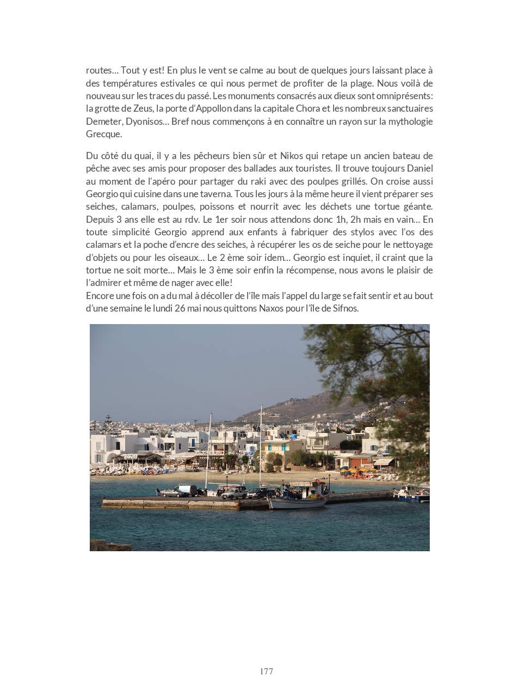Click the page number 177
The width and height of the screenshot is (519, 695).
click(x=266, y=671)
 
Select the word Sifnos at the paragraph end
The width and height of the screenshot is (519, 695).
click(x=345, y=308)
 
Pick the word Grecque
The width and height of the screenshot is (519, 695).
click(x=104, y=134)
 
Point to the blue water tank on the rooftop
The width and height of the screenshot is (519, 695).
click(x=294, y=436)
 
